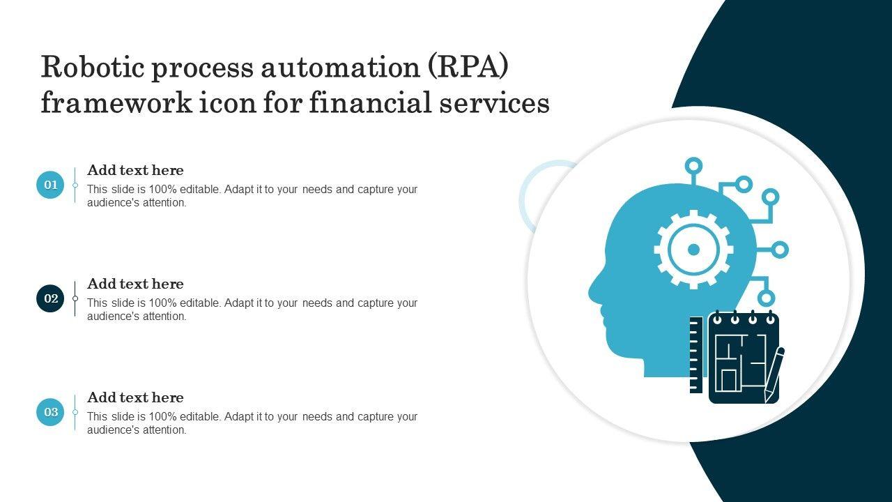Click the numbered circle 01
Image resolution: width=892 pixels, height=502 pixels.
pos(50,185)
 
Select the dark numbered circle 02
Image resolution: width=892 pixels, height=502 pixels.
pos(50,298)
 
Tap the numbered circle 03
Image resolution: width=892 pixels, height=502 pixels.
pos(50,412)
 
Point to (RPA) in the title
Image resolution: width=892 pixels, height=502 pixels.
pos(468,67)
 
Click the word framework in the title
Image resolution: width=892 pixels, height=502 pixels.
pos(116,102)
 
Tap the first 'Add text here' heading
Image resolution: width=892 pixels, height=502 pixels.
pos(135,170)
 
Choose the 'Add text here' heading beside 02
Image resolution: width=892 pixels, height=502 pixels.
pos(135,284)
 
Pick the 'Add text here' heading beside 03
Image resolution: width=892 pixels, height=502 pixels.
pos(135,397)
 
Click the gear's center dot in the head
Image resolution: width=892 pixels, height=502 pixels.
pos(693,250)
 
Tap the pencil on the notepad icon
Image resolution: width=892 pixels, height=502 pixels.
pos(774,374)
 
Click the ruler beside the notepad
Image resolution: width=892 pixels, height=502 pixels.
pos(696,355)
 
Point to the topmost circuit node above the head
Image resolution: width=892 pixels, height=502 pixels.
pos(693,165)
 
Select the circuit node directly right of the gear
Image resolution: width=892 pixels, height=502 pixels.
pos(780,250)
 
